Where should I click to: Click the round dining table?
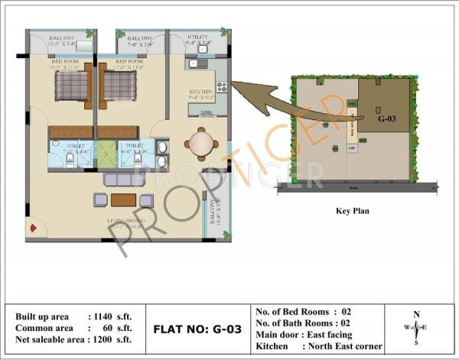[x=200, y=143]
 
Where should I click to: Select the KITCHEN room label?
[x=200, y=92]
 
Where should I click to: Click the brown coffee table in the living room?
[x=123, y=200]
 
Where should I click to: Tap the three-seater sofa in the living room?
[x=123, y=180]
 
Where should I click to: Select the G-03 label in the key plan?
[x=389, y=119]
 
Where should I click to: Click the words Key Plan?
[x=353, y=210]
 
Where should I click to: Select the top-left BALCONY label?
[x=61, y=37]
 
